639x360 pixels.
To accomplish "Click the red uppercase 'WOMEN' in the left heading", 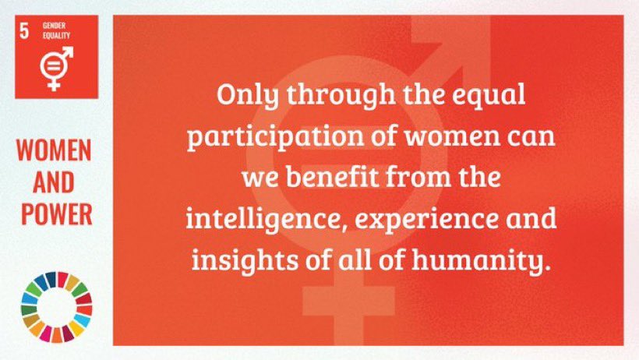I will coord(55,151).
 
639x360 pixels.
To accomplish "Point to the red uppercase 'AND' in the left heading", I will coord(55,182).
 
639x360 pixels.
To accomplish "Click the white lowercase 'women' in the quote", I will coord(440,137).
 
